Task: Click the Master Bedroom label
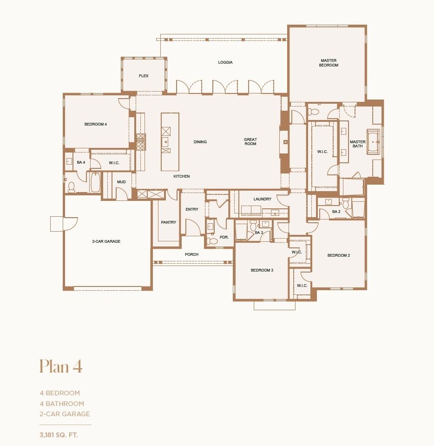[x=329, y=63]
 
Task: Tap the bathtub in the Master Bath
[x=374, y=141]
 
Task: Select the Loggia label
[x=225, y=62]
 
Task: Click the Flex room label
[x=144, y=76]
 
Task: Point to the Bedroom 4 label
[x=96, y=124]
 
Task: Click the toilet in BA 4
[x=72, y=187]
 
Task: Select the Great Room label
[x=250, y=142]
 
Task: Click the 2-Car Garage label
[x=106, y=241]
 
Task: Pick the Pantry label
[x=169, y=222]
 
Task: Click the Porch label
[x=191, y=254]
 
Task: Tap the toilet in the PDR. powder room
[x=213, y=241]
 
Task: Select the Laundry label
[x=262, y=199]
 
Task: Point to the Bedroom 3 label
[x=262, y=270]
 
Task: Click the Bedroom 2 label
[x=338, y=255]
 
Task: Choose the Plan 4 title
[x=61, y=366]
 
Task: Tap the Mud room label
[x=121, y=182]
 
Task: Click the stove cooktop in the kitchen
[x=140, y=142]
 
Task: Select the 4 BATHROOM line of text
[x=62, y=404]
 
